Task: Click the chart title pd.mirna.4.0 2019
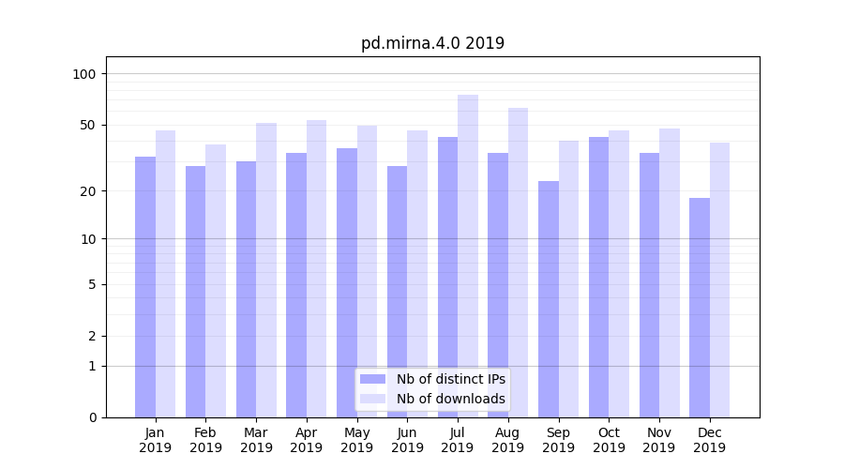(x=432, y=43)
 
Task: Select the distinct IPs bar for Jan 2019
(x=145, y=286)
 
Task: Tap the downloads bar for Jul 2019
(x=468, y=255)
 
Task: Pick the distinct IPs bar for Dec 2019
(x=700, y=307)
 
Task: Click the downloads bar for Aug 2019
(x=519, y=262)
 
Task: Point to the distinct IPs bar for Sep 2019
(x=549, y=298)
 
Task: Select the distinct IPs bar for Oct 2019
(x=598, y=277)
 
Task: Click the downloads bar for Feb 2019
(x=216, y=280)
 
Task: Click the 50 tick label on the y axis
(x=88, y=125)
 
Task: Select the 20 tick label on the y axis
(x=88, y=191)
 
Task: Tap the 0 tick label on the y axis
(x=92, y=417)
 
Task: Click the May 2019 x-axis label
(x=357, y=440)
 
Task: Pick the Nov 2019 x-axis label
(x=659, y=440)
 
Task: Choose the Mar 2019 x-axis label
(x=256, y=440)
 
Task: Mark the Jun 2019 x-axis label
(x=407, y=440)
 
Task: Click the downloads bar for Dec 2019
(x=720, y=280)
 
